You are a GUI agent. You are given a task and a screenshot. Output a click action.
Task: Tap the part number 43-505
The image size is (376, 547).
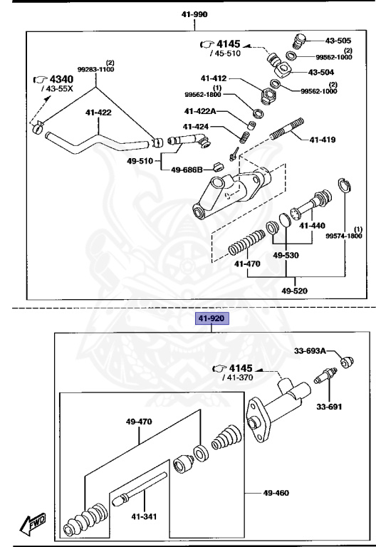[338, 41]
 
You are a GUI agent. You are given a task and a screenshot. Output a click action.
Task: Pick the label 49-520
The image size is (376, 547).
[296, 291]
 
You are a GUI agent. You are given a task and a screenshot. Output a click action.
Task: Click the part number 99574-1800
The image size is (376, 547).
[344, 236]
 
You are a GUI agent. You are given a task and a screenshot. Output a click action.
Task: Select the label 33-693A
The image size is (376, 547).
[310, 350]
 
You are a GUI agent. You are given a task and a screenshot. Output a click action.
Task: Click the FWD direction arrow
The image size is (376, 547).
[33, 526]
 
